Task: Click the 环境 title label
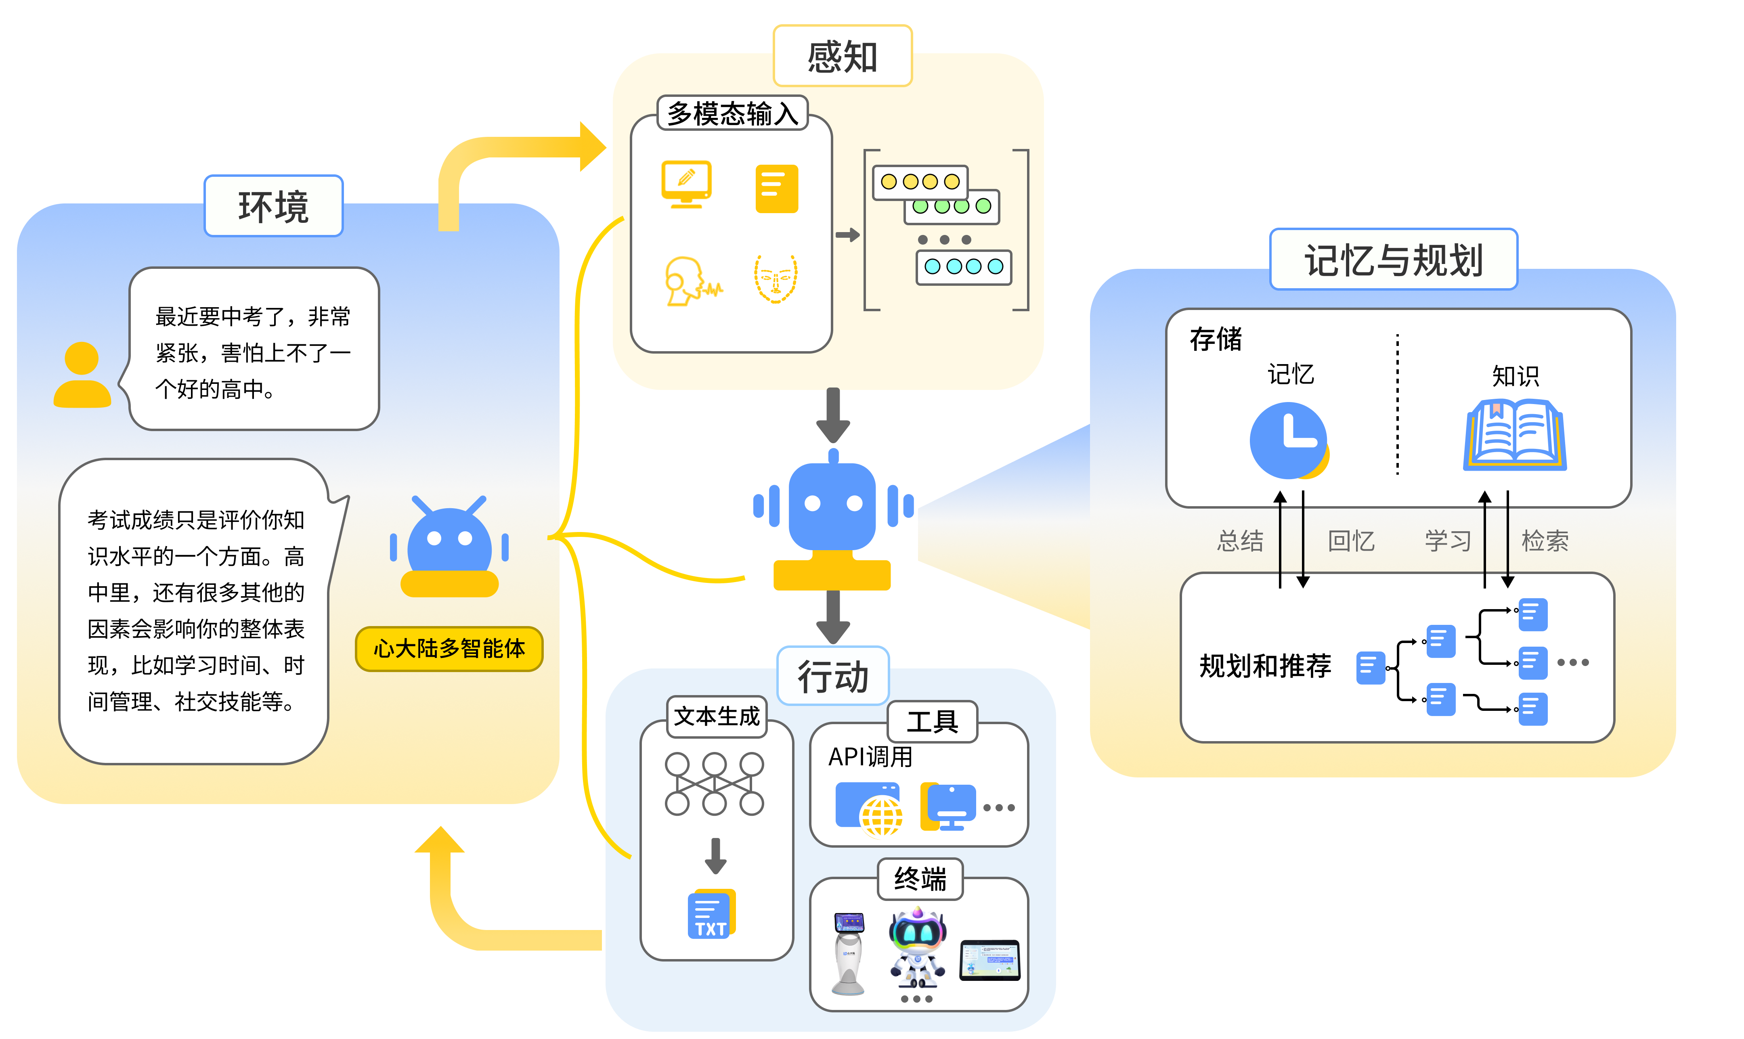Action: pos(273,207)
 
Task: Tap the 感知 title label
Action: pos(842,56)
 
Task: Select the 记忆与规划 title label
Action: pos(1393,260)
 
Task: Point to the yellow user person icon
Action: pos(82,375)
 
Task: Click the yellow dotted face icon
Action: pos(776,279)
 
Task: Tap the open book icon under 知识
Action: pos(1514,436)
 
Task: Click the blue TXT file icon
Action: pos(711,914)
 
